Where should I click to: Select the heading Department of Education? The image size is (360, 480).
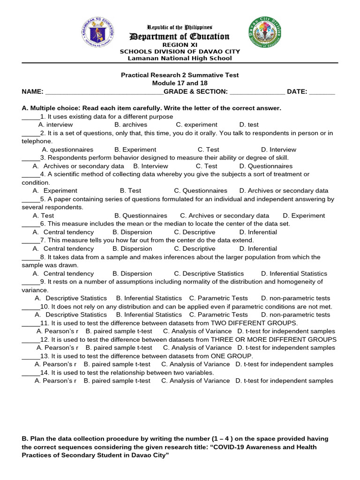click(x=180, y=37)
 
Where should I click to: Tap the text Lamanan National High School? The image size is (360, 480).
click(x=180, y=59)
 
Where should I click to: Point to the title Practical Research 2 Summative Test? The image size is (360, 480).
click(x=180, y=75)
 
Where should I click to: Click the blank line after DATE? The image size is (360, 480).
click(x=322, y=92)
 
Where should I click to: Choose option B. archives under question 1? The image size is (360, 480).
click(x=131, y=125)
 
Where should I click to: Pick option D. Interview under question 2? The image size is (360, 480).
click(x=278, y=150)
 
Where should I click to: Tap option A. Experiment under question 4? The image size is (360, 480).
click(x=55, y=191)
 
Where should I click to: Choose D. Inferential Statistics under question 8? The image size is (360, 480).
click(x=294, y=274)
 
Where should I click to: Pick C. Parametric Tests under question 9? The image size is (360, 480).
click(x=218, y=298)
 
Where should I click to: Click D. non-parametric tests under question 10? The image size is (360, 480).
click(x=295, y=315)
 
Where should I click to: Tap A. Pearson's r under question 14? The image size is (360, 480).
click(x=55, y=381)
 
